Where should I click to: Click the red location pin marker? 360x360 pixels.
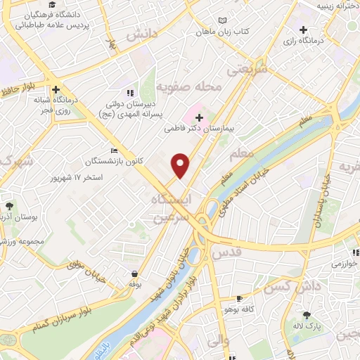coord(181,166)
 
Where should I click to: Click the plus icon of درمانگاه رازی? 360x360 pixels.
coord(303,30)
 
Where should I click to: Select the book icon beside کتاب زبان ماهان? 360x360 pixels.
coord(223,21)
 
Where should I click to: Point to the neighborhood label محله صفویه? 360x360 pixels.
coord(188,87)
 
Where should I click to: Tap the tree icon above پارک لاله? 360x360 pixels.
coord(307,316)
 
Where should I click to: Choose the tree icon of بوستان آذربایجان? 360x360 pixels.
coord(10,206)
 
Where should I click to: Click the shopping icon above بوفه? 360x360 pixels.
coord(134,274)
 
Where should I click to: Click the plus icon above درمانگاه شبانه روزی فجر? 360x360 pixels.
coord(56,89)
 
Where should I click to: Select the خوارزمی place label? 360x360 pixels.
coord(345,264)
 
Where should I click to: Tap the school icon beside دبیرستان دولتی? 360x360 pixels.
coord(129,92)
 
